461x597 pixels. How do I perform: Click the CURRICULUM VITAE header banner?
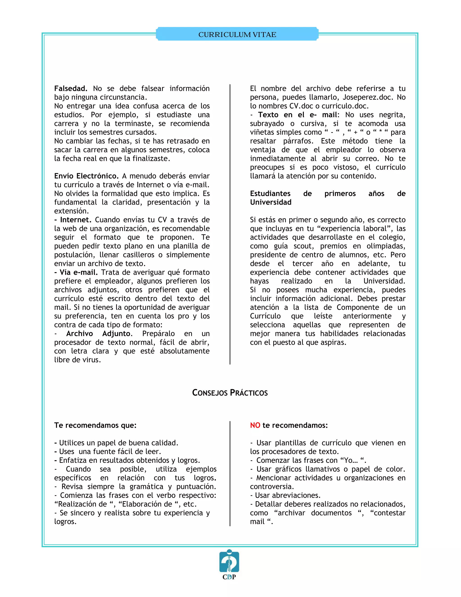[237, 34]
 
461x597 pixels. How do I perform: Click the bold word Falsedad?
[70, 89]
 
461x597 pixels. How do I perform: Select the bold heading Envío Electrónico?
[86, 176]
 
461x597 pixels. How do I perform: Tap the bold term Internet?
[75, 220]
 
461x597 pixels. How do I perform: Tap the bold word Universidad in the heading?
[271, 202]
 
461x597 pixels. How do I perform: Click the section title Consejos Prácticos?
[230, 393]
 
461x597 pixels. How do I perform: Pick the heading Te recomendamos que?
[95, 425]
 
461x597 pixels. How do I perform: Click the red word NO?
[255, 425]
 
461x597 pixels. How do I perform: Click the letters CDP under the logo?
[229, 577]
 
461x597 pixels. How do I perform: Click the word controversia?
[271, 487]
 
